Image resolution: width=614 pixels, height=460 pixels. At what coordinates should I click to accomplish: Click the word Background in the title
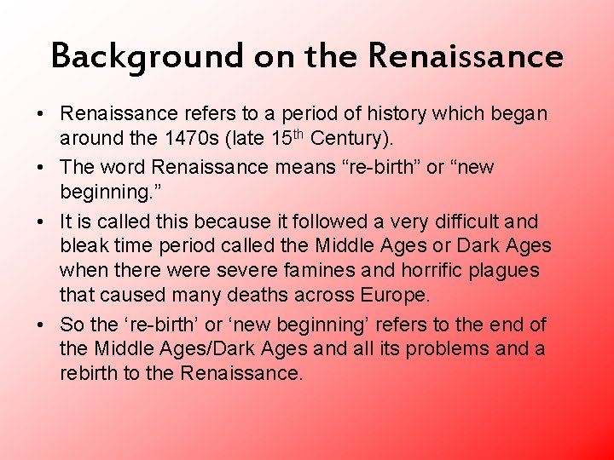tap(147, 57)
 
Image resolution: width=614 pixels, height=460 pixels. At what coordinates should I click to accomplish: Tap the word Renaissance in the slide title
tap(466, 57)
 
